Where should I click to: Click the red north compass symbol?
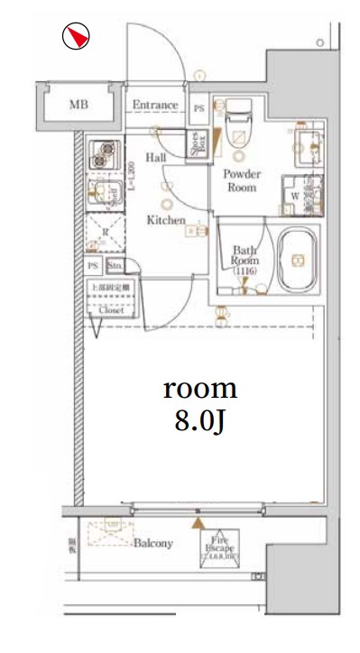(78, 36)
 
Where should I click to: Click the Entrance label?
(154, 106)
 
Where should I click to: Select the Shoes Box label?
(195, 144)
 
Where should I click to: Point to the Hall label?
(155, 158)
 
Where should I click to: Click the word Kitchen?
(167, 219)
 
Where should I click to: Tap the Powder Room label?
(241, 180)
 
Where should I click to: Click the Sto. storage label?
(115, 267)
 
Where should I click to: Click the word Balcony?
(153, 543)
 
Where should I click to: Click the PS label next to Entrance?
(198, 106)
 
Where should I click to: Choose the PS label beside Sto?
(92, 267)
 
